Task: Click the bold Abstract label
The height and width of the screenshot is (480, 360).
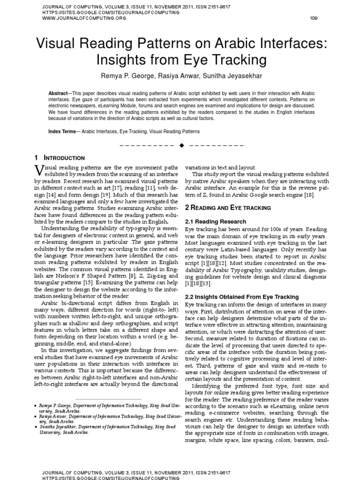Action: tap(58, 94)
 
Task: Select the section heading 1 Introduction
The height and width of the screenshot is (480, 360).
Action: tap(60, 158)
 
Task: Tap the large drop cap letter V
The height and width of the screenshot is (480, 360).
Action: tap(39, 170)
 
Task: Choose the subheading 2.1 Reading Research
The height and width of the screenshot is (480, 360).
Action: tap(215, 221)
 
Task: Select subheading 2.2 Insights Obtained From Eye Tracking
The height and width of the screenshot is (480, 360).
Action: tap(241, 297)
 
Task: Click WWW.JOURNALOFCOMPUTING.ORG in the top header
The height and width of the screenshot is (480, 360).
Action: tap(78, 18)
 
